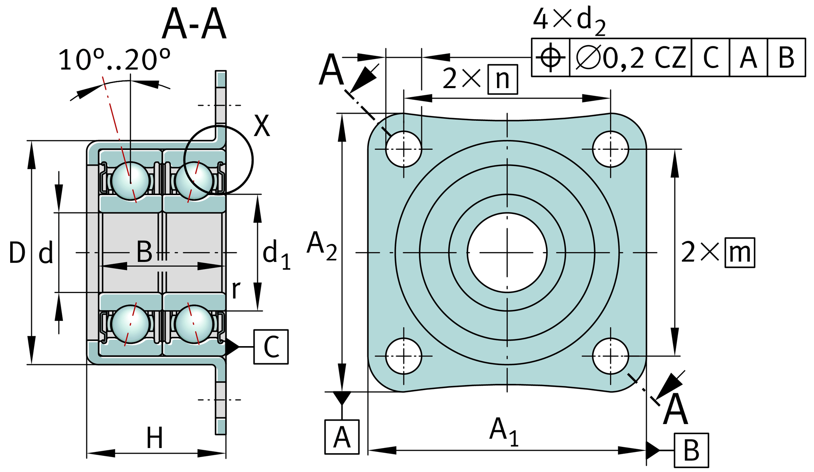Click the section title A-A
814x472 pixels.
194,24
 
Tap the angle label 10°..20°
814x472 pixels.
114,60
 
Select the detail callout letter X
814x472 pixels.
262,126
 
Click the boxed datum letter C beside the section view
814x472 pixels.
271,347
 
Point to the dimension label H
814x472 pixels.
155,438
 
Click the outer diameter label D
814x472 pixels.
17,253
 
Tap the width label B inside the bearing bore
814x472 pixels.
144,252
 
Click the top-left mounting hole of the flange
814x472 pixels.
403,149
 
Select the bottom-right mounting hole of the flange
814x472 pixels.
610,356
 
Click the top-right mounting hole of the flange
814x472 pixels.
610,149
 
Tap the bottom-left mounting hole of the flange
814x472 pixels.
403,356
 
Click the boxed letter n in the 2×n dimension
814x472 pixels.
503,79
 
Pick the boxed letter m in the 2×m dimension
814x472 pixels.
740,253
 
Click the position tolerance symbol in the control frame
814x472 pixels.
550,57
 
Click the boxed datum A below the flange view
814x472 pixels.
342,437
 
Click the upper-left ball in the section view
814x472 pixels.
131,181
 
